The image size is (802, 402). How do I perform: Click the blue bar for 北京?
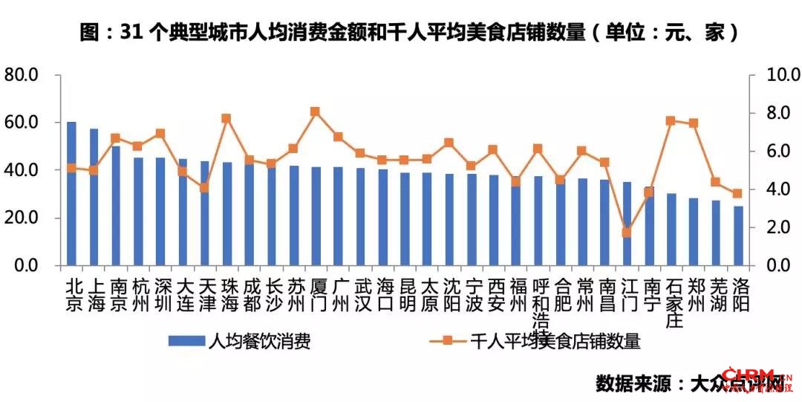click(71, 193)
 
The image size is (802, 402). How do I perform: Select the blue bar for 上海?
click(94, 197)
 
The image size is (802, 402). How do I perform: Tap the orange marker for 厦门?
click(315, 111)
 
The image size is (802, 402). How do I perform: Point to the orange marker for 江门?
click(627, 232)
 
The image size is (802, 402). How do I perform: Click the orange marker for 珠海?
click(226, 118)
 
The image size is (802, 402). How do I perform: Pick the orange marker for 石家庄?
click(671, 120)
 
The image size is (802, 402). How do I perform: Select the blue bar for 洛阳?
click(738, 236)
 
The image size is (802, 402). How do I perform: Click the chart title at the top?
click(401, 33)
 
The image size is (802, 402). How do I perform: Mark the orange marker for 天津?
click(204, 187)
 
